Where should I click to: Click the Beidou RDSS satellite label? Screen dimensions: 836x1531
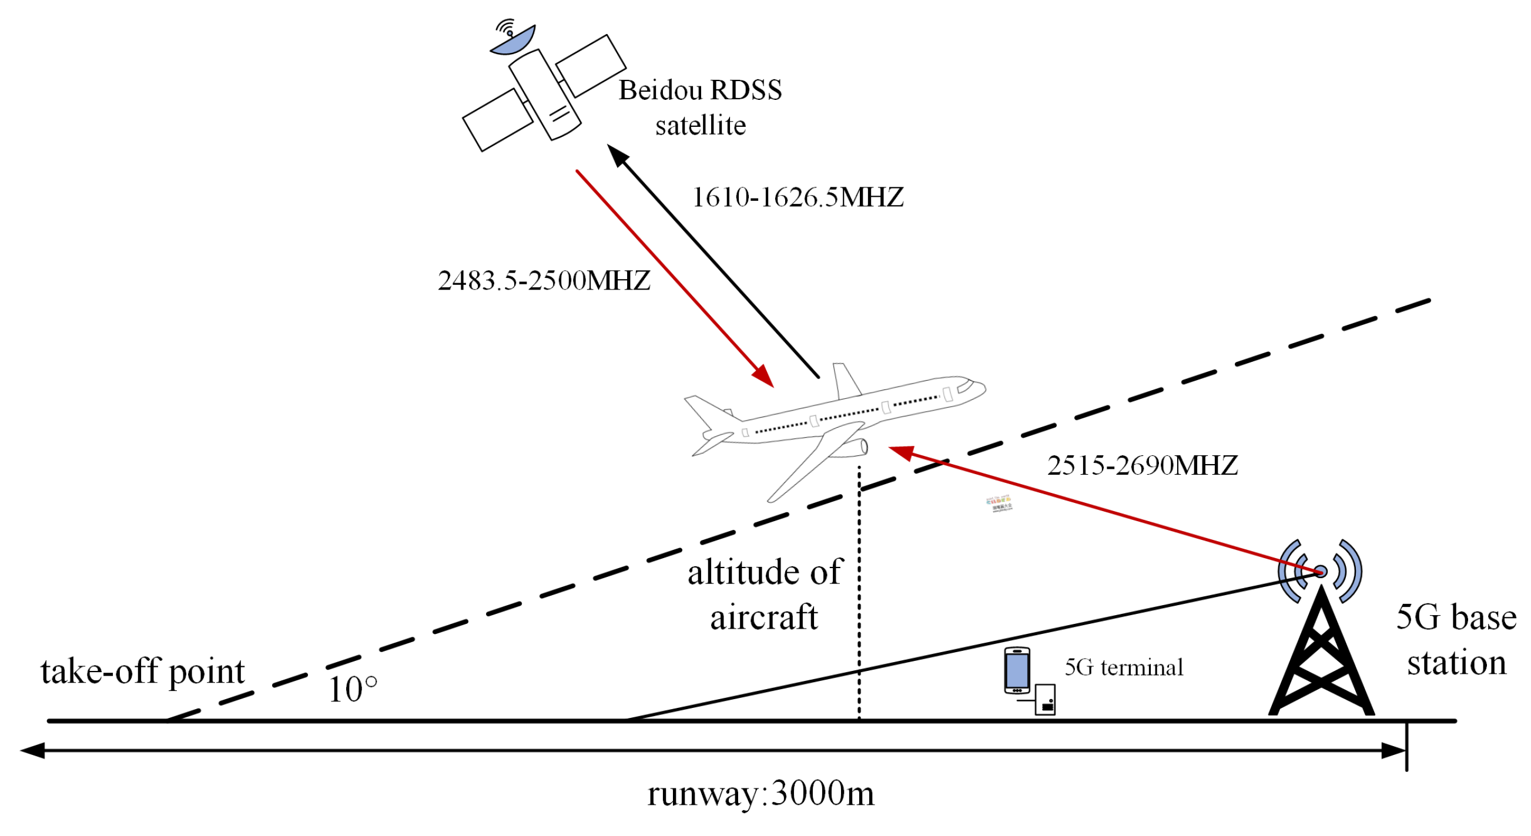[x=700, y=108]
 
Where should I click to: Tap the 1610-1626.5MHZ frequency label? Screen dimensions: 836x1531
[x=798, y=197]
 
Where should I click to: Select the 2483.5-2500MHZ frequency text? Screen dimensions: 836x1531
[x=544, y=280]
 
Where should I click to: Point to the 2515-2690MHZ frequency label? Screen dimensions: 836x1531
[x=1142, y=465]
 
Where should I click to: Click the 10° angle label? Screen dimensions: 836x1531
[x=353, y=689]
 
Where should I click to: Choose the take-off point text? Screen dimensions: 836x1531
[x=143, y=672]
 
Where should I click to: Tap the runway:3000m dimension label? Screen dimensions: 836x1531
[x=760, y=793]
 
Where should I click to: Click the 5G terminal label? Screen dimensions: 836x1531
[x=1123, y=667]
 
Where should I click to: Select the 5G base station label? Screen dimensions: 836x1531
[x=1456, y=640]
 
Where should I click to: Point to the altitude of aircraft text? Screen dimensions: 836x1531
[x=764, y=594]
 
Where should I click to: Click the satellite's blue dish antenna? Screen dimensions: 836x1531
[x=514, y=42]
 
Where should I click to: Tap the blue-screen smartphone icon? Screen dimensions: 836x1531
[x=1017, y=670]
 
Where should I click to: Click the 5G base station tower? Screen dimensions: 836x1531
[x=1321, y=654]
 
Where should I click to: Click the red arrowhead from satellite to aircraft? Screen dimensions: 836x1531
[x=763, y=377]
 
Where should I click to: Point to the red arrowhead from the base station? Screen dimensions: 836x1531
[x=900, y=453]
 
